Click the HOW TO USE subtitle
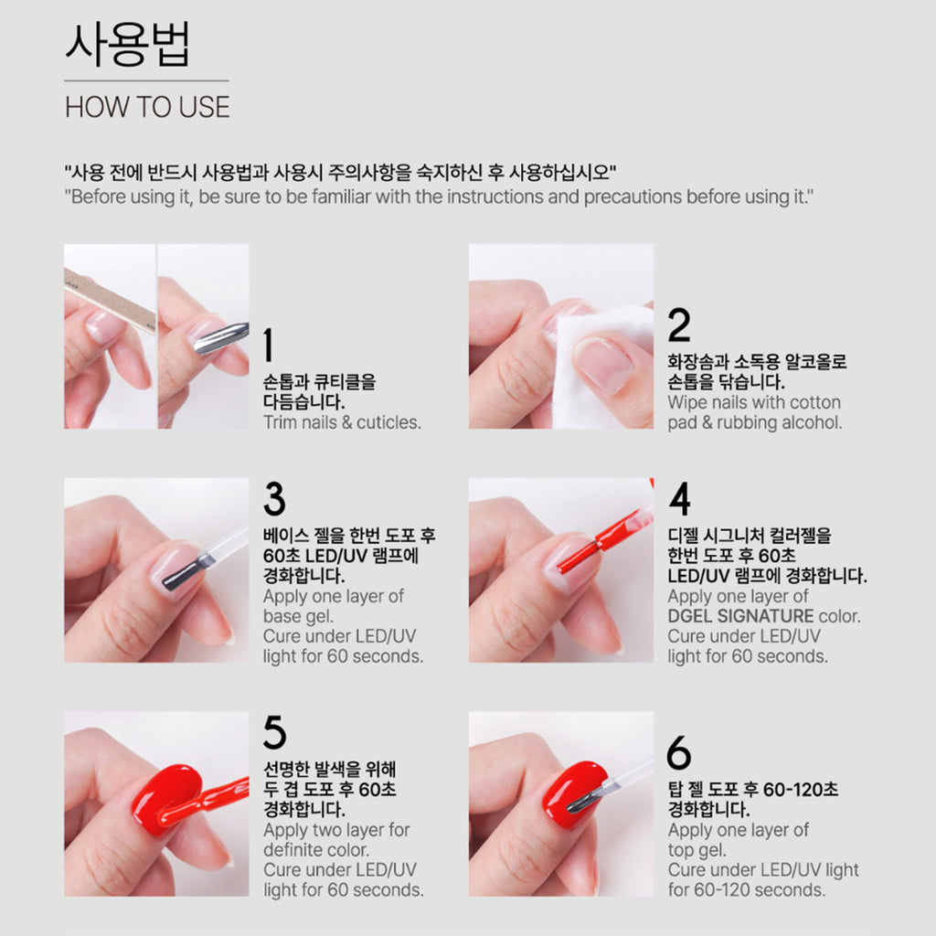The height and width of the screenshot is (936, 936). (x=147, y=108)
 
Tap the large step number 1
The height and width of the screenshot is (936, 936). (x=269, y=345)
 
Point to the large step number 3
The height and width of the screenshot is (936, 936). (x=274, y=499)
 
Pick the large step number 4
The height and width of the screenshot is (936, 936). (x=680, y=499)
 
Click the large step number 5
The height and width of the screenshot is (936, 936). (x=274, y=732)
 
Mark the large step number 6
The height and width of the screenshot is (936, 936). (x=679, y=753)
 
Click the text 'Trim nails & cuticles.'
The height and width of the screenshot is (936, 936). (x=342, y=422)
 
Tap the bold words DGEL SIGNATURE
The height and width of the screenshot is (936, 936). (x=740, y=616)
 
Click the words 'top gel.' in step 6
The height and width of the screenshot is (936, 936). (x=697, y=850)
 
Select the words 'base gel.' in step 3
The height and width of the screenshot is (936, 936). (x=298, y=616)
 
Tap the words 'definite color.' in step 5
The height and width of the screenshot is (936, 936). (x=316, y=850)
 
